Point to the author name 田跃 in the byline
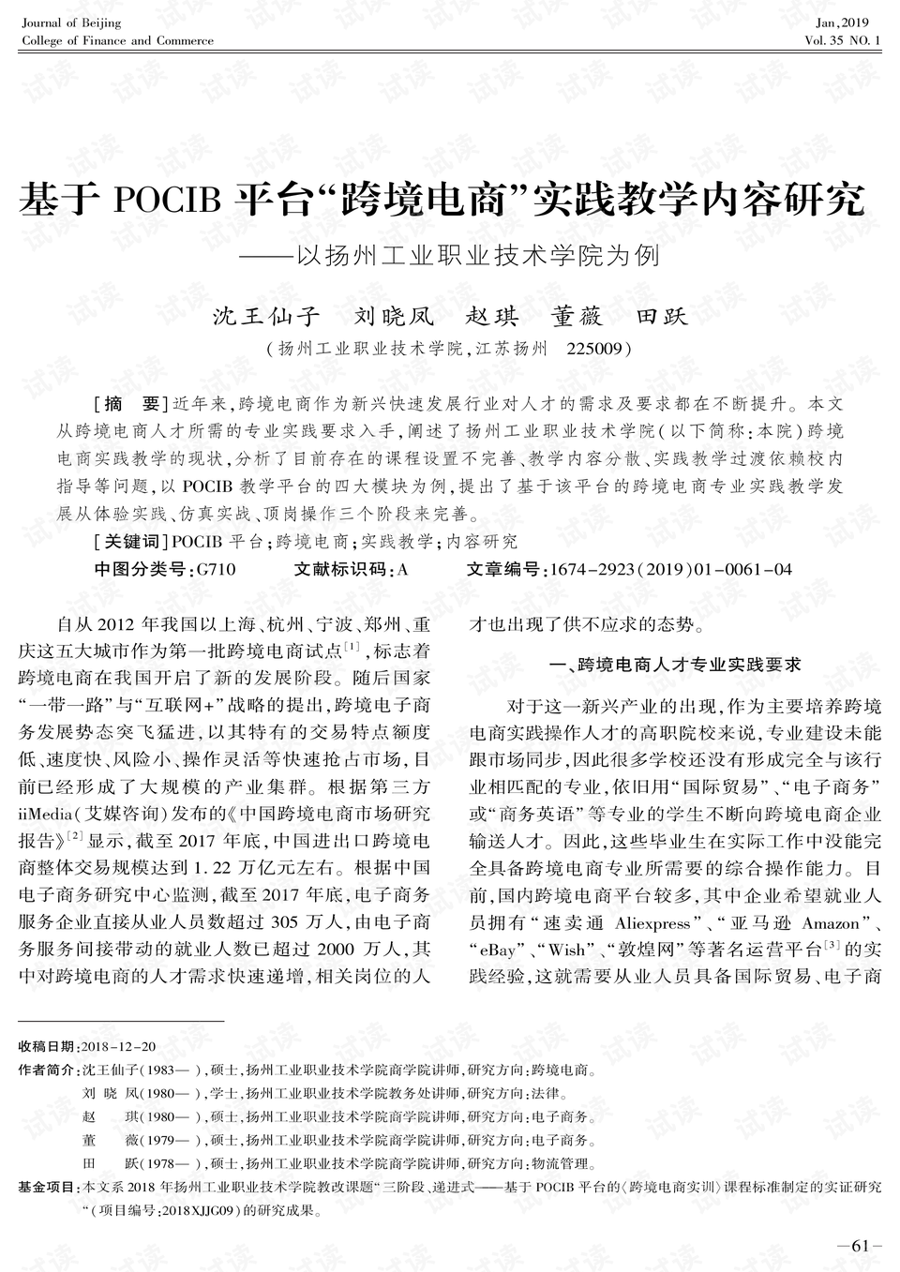[x=662, y=316]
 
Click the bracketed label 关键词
[x=131, y=542]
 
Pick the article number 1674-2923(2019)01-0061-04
[x=670, y=570]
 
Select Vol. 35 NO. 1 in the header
[x=842, y=41]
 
